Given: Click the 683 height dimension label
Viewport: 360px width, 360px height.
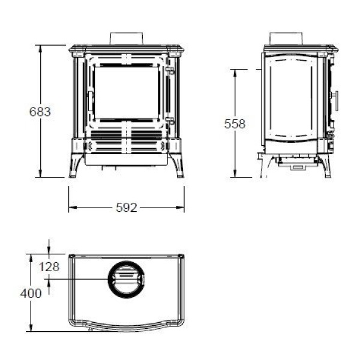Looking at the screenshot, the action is tap(40, 112).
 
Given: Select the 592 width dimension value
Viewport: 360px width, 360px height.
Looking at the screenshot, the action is tap(127, 208).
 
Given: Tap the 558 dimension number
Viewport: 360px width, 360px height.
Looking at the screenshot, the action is tap(235, 124).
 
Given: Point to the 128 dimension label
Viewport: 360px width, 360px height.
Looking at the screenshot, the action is tap(49, 267).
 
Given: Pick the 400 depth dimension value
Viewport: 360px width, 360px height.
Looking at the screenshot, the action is tap(31, 293).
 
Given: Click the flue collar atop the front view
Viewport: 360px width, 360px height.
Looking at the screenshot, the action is tap(127, 38).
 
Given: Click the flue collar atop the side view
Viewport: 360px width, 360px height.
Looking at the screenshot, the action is tap(286, 38).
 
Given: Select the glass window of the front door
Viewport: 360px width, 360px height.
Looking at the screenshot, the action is tap(127, 92).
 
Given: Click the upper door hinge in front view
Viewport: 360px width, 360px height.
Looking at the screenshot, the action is tap(170, 70).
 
